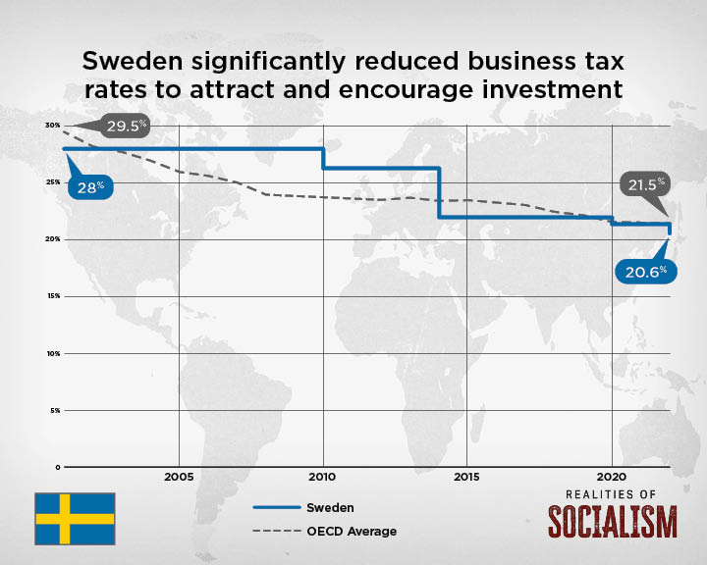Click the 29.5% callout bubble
click(126, 125)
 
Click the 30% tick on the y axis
click(51, 126)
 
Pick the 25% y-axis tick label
click(51, 182)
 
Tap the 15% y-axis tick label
click(51, 295)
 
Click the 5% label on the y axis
click(54, 409)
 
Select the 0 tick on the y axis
click(58, 466)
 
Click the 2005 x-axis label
click(179, 478)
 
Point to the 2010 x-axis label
click(323, 478)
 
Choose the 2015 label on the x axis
click(467, 478)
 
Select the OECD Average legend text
click(352, 532)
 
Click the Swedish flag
click(75, 519)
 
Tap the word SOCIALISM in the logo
click(612, 522)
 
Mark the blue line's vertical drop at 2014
click(439, 192)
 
